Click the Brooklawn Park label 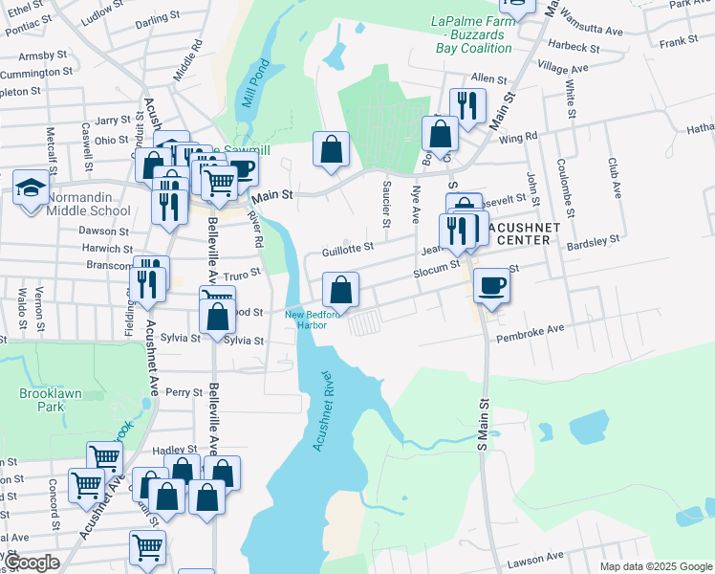[x=41, y=399]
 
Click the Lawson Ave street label [x=534, y=559]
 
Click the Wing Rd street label [x=517, y=138]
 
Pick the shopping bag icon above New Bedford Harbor [x=341, y=288]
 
